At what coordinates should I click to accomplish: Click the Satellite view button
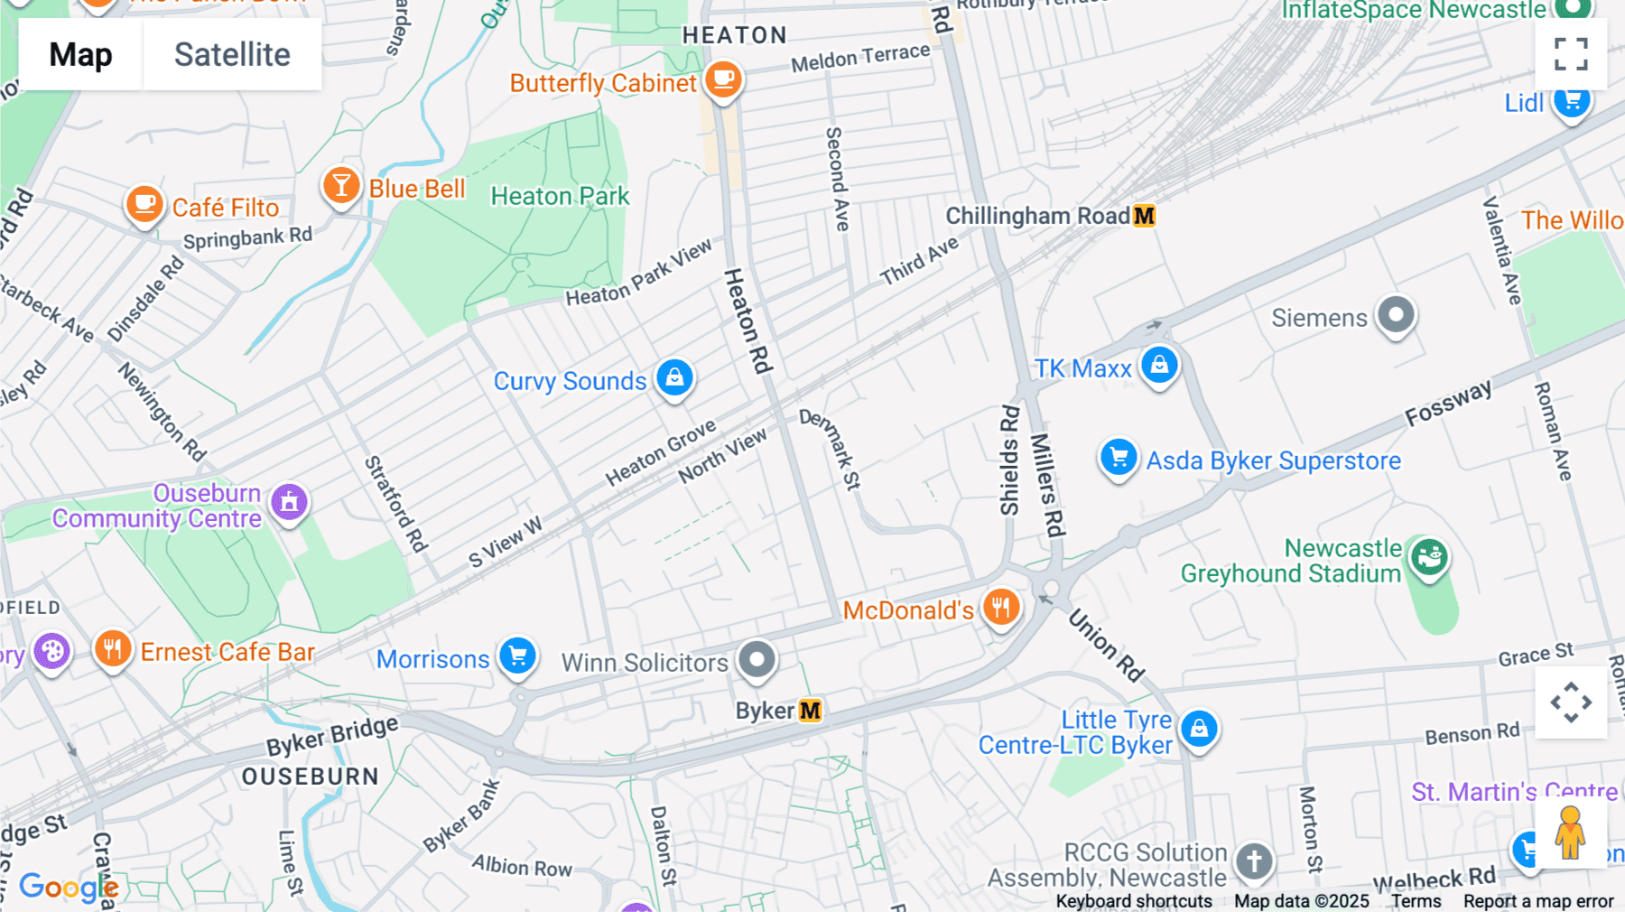point(232,54)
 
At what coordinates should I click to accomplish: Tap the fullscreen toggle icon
point(1571,54)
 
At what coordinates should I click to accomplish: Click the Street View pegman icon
point(1570,833)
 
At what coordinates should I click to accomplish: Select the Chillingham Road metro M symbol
point(1144,216)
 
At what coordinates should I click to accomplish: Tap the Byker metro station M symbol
point(811,711)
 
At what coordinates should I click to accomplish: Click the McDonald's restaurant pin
point(1001,608)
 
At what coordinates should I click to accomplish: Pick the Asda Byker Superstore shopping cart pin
point(1119,458)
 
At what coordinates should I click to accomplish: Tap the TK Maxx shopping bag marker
point(1159,366)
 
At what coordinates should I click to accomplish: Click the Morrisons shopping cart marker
point(518,656)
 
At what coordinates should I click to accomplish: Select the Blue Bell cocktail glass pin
point(341,187)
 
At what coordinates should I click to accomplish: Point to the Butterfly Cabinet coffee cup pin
point(723,80)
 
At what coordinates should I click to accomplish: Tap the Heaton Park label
point(560,196)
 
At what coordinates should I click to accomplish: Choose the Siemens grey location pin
point(1396,315)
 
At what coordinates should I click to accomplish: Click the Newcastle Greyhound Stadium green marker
point(1429,557)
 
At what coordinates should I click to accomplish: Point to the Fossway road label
point(1448,404)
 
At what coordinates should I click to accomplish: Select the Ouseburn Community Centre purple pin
point(289,502)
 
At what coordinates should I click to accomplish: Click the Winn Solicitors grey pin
point(757,660)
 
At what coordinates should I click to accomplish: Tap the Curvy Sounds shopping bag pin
point(674,378)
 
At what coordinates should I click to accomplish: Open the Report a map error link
point(1538,901)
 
